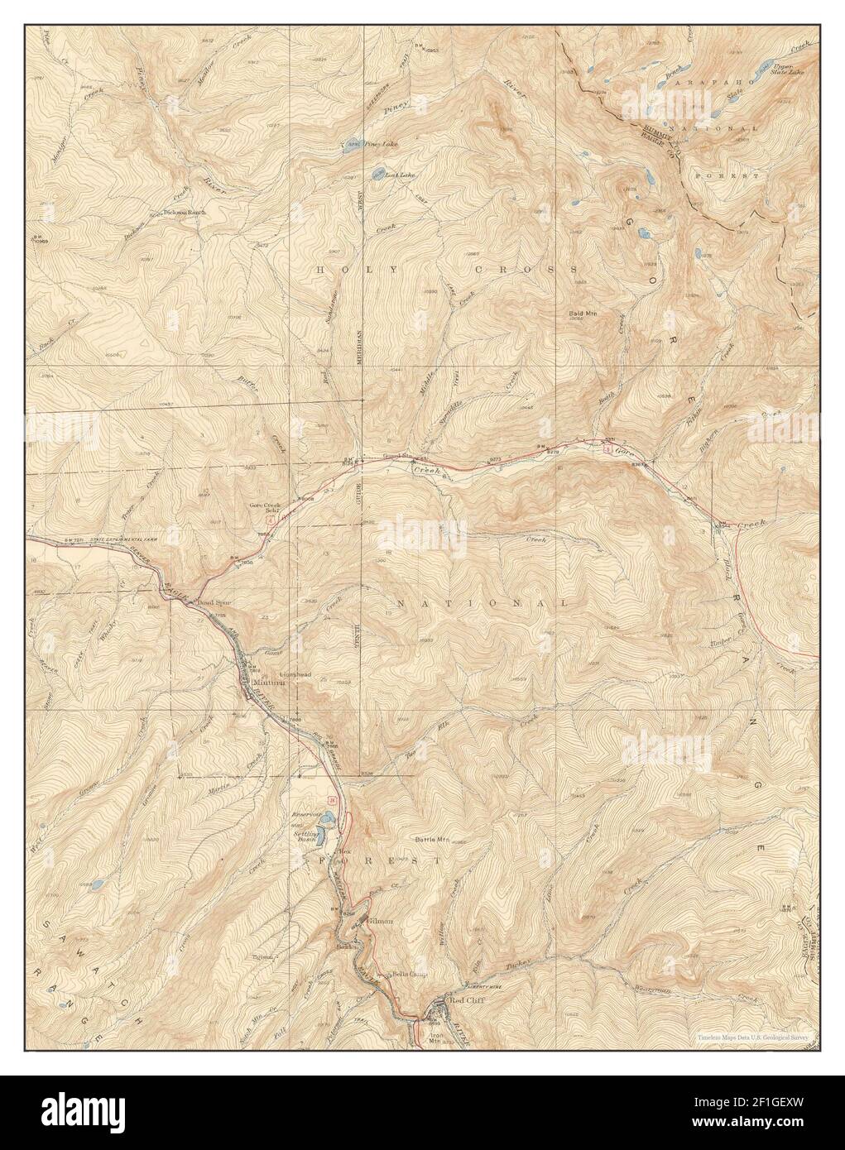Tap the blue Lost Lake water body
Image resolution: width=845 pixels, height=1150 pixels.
(377, 173)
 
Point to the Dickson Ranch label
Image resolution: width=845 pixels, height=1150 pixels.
(185, 212)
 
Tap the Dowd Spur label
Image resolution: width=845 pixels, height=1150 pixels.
(213, 602)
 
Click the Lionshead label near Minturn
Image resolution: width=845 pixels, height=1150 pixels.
(295, 662)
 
